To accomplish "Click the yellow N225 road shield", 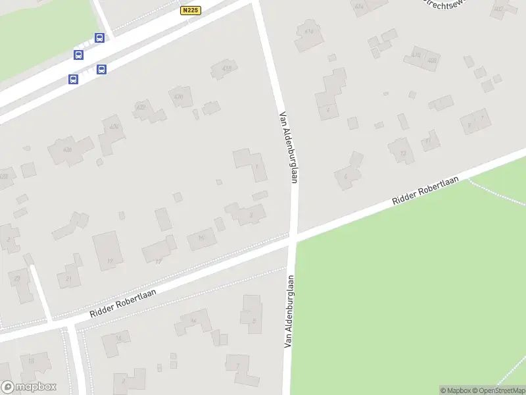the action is (x=190, y=11).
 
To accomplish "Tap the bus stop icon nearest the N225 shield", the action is (x=99, y=38).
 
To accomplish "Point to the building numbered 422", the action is (x=149, y=110).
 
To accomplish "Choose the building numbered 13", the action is (x=401, y=151).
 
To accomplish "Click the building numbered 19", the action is (x=108, y=251).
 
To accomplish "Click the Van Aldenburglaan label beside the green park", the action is (x=288, y=310).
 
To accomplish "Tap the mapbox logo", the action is (x=28, y=387).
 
